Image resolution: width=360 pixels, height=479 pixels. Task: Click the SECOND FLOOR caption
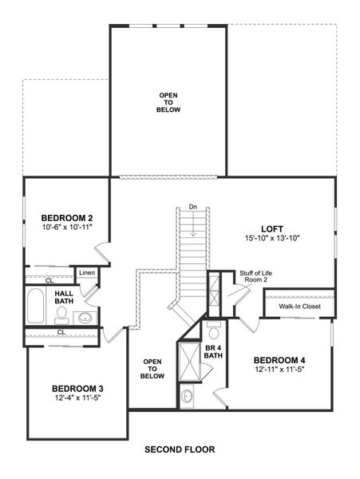click(180, 449)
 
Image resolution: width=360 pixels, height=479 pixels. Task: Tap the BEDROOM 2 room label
click(68, 218)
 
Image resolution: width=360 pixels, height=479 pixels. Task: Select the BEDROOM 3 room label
click(77, 389)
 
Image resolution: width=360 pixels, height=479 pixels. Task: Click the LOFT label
click(272, 228)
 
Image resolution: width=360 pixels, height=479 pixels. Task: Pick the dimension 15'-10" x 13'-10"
click(272, 238)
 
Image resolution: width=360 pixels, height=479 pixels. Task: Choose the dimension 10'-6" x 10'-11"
click(68, 228)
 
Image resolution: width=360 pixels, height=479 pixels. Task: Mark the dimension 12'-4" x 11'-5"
click(77, 398)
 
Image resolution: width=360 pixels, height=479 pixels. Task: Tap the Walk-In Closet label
click(299, 305)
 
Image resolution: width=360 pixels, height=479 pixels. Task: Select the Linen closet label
click(87, 274)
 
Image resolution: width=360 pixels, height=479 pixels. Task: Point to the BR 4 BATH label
click(212, 350)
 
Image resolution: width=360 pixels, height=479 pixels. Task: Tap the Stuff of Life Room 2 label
click(254, 276)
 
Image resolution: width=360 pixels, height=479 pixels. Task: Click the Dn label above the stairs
click(192, 208)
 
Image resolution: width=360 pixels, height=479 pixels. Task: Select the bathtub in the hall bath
click(36, 307)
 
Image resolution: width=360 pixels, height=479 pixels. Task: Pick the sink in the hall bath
click(84, 318)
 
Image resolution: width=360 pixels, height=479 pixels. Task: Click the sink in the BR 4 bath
click(187, 394)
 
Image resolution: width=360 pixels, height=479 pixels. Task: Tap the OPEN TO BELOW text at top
click(168, 101)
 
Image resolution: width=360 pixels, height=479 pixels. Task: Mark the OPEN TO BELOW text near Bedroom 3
click(153, 368)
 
